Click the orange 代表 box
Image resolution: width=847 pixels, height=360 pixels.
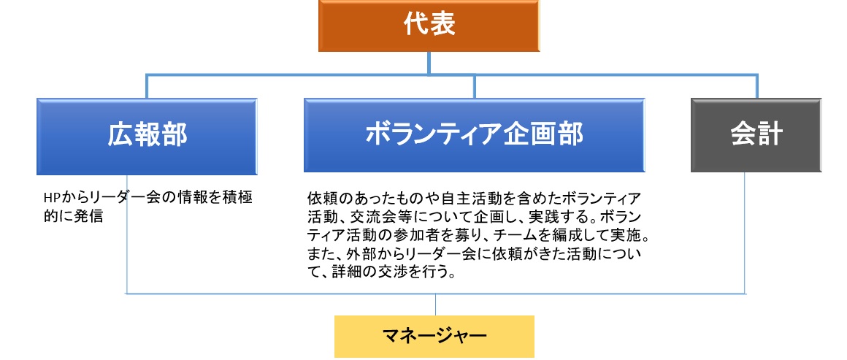coord(429,26)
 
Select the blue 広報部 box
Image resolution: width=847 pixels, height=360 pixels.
coord(147,137)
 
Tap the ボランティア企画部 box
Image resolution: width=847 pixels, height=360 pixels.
coord(475,135)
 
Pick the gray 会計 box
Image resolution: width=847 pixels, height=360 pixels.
coord(756,135)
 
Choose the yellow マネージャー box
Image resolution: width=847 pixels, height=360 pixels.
coord(434,336)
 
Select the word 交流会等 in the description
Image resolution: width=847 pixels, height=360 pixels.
coord(379,218)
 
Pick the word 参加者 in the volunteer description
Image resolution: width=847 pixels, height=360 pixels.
coord(444,236)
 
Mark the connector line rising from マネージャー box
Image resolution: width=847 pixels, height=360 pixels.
coord(435,305)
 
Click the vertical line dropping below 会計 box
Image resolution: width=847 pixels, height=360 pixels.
coord(746,233)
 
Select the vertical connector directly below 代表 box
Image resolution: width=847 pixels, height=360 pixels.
coord(429,64)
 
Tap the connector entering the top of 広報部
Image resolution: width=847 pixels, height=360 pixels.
coord(146,86)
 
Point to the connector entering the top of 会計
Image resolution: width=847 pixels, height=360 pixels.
coord(756,86)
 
